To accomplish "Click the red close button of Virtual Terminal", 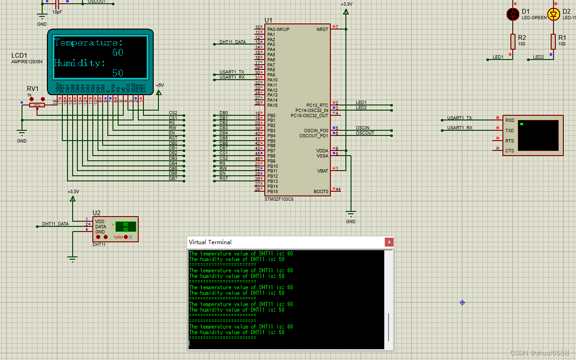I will click(x=389, y=242).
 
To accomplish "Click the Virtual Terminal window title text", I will click(x=210, y=242).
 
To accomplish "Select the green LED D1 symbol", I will click(x=513, y=14).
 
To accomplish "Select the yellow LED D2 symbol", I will click(x=554, y=14).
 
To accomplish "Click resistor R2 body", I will click(x=513, y=41).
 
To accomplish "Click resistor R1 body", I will click(x=554, y=41).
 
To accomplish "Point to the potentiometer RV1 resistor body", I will click(x=37, y=105).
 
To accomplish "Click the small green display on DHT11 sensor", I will click(x=126, y=227).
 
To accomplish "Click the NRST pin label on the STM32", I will click(x=322, y=29).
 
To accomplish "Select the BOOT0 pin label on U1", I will click(x=321, y=191).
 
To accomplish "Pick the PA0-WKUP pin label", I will click(x=278, y=29).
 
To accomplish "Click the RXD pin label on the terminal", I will click(x=509, y=120).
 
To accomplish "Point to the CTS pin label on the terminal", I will click(x=509, y=150).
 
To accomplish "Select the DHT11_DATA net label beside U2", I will click(x=55, y=224).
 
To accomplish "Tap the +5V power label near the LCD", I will click(x=160, y=85).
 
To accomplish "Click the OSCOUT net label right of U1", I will click(x=365, y=133).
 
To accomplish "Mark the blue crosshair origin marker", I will click(x=462, y=303).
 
